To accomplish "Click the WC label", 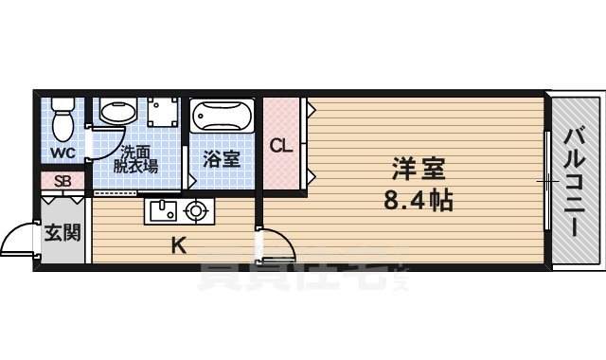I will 62,152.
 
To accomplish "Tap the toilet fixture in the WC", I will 62,120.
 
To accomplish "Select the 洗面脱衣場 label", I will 138,157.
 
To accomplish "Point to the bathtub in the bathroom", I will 222,118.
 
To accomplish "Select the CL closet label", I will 281,147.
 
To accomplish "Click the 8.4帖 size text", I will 419,201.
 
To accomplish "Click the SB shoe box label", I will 62,181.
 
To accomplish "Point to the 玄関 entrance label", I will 62,231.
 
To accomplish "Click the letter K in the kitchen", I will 177,246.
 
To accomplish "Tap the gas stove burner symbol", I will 197,210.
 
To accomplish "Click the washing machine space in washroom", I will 163,115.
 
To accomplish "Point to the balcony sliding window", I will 547,179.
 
